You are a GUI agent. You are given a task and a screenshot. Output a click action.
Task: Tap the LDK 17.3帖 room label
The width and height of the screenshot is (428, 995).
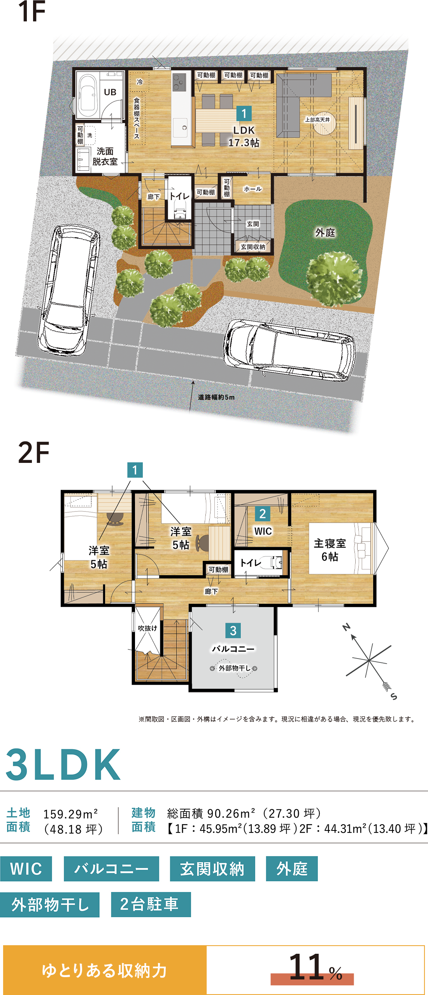[x=244, y=137]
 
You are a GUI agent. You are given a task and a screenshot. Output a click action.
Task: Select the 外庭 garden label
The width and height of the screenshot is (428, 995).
[x=325, y=233]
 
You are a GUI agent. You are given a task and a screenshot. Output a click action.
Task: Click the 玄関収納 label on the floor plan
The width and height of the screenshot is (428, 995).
[x=253, y=247]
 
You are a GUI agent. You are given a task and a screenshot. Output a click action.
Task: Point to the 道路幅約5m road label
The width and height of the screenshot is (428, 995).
[x=216, y=397]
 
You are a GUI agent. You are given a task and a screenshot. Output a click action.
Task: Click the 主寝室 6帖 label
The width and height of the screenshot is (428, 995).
[x=330, y=550]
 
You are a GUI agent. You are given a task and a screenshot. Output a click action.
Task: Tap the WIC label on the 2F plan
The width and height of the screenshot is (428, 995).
[x=263, y=531]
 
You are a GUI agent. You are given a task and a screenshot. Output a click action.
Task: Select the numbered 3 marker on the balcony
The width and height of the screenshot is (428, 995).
[x=233, y=631]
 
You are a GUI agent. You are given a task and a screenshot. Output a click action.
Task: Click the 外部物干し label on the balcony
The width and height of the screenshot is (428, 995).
[x=235, y=668]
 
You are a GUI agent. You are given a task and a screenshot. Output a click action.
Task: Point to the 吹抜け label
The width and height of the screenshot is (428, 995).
[x=147, y=628]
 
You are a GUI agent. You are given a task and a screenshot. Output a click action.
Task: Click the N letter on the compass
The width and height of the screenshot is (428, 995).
[x=346, y=627]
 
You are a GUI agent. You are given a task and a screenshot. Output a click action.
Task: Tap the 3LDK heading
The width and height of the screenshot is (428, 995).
[x=63, y=764]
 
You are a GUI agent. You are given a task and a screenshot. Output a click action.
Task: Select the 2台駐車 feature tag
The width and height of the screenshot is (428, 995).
[x=151, y=904]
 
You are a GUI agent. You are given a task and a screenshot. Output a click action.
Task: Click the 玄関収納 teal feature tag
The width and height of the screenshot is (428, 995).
[x=212, y=869]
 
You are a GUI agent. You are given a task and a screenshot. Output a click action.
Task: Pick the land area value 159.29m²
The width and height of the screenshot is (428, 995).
[x=70, y=814]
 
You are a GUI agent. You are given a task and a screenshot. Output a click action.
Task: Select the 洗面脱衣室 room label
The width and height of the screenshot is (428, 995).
[x=105, y=156]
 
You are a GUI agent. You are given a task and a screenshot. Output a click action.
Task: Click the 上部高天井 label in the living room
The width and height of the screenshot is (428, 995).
[x=317, y=120]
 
